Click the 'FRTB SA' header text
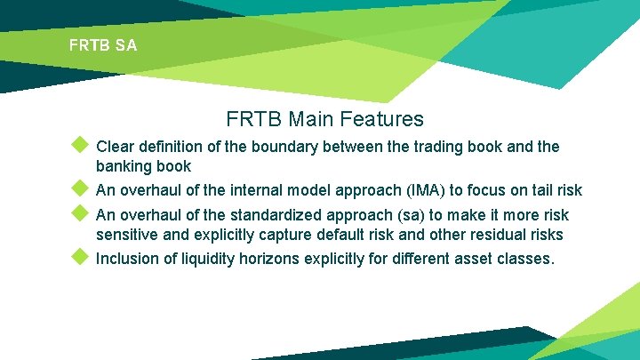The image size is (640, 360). (x=103, y=44)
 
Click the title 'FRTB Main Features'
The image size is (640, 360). (x=324, y=118)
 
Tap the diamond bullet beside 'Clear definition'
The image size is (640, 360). (x=80, y=144)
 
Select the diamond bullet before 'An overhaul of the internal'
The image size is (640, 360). (x=80, y=188)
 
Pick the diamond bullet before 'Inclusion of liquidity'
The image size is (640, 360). (x=80, y=258)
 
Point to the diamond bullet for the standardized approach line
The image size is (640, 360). (x=80, y=213)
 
